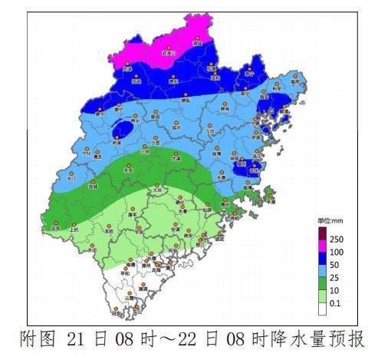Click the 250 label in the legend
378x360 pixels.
click(x=337, y=240)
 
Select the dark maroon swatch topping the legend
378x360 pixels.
click(x=322, y=233)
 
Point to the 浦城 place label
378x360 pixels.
click(x=197, y=45)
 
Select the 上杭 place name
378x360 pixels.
click(x=74, y=229)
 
